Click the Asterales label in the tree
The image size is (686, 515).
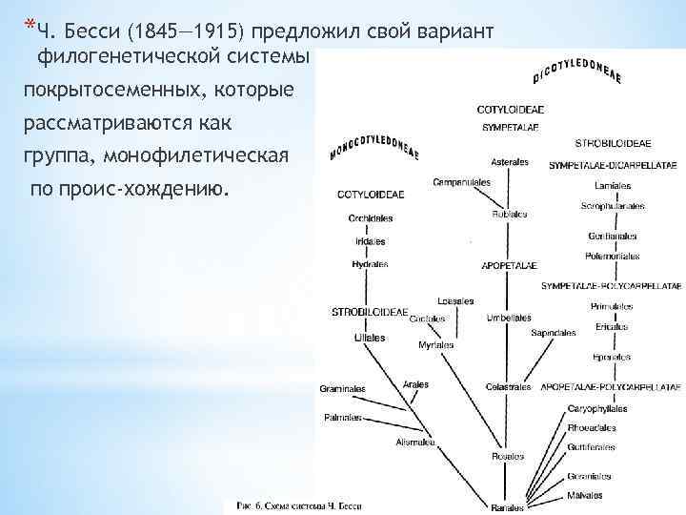coord(510,162)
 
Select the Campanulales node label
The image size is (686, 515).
coord(461,181)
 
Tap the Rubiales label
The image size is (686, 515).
coord(510,215)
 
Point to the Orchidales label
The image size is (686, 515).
coord(371,218)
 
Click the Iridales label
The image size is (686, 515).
coord(371,241)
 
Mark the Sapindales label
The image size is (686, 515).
coord(554,333)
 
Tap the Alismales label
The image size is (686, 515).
coord(415,442)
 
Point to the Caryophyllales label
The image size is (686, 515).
coord(595,408)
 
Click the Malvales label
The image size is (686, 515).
coord(586,495)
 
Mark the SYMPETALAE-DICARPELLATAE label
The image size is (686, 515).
coord(611,165)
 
